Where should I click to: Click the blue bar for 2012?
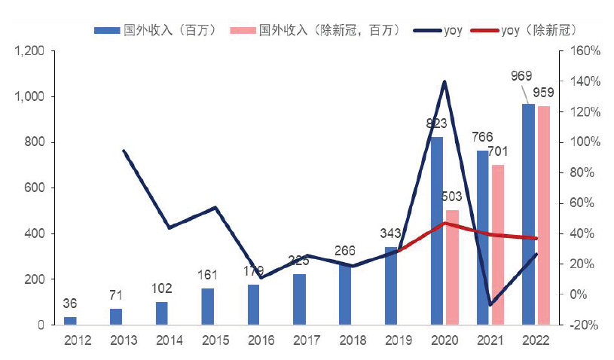click(x=70, y=321)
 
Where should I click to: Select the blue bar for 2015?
click(x=208, y=306)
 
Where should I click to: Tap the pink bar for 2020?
click(x=452, y=267)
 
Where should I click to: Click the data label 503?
click(x=451, y=197)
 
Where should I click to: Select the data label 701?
click(x=498, y=152)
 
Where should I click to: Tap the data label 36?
click(x=69, y=304)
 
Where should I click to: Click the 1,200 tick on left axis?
click(x=29, y=51)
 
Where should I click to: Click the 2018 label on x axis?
click(x=353, y=340)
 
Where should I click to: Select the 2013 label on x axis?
click(x=123, y=340)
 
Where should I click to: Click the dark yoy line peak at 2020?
click(x=444, y=81)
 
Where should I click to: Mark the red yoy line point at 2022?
click(x=536, y=238)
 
